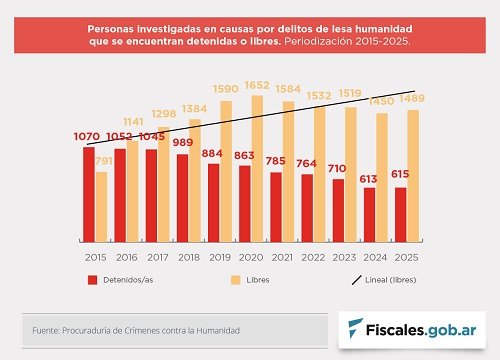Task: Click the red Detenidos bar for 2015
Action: point(89,195)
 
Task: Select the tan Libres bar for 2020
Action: point(257,169)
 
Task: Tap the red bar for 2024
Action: point(369,215)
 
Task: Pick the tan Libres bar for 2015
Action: point(101,207)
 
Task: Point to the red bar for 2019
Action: point(214,203)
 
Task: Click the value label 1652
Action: point(257,85)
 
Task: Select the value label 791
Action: point(104,161)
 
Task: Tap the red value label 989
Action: point(183,142)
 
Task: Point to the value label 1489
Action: point(412,98)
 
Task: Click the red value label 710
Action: point(337,169)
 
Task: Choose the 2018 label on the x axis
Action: point(189,257)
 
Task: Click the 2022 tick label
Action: point(313,257)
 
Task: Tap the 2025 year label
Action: point(406,257)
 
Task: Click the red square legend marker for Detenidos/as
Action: point(93,280)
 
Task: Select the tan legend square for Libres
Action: point(236,280)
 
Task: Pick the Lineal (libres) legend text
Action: point(391,280)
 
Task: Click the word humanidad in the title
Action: point(384,29)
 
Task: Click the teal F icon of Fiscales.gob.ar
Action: point(355,328)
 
